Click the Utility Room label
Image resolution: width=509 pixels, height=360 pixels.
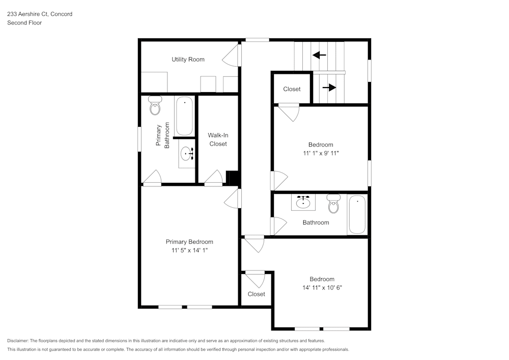point(188,60)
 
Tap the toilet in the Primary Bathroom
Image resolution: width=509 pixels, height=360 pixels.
point(155,106)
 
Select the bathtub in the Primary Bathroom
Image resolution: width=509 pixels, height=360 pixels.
point(184,116)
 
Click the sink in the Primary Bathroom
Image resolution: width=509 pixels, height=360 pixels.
point(187,153)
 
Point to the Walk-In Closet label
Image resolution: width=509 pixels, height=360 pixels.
point(217,140)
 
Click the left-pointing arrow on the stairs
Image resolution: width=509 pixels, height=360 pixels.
point(320,55)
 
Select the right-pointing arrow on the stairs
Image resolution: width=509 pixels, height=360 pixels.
point(329,88)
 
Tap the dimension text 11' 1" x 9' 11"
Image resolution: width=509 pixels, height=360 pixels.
point(321,153)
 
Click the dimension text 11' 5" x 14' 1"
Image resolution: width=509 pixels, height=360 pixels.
point(189,250)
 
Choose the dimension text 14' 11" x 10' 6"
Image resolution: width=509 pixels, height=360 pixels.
point(322,287)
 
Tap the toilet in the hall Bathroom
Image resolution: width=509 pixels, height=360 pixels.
point(333,204)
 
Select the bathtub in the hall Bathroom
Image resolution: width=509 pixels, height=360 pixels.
point(357,214)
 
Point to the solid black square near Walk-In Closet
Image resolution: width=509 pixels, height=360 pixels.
point(233,178)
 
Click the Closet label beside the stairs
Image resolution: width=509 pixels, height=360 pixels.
point(292,89)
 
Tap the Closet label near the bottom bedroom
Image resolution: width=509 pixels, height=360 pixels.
point(256,294)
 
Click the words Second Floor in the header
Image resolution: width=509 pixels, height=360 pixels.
point(24,23)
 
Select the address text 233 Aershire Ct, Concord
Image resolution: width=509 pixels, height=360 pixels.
point(40,14)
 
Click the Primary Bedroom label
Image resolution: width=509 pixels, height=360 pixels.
point(189,242)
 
